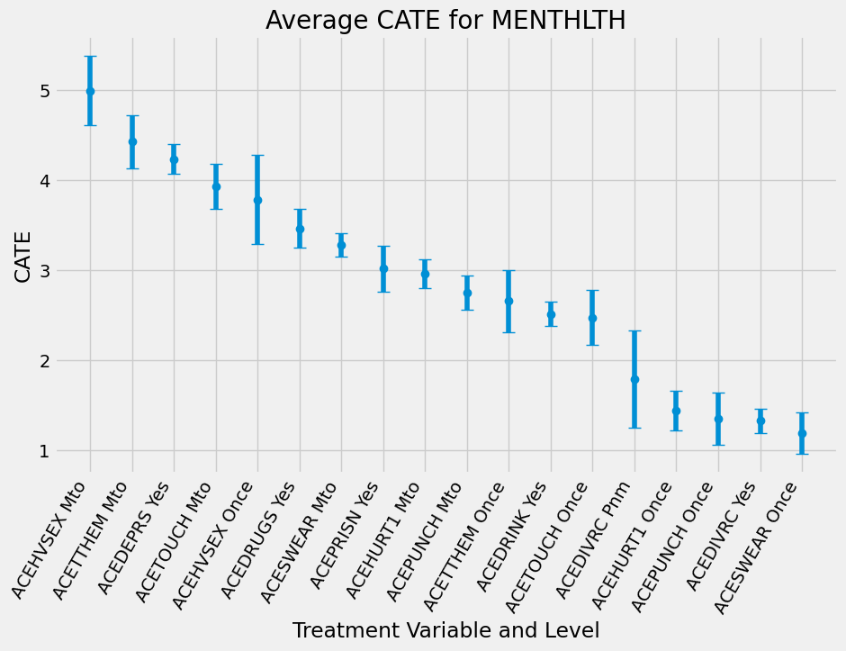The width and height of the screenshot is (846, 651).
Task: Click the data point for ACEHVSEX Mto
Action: click(90, 91)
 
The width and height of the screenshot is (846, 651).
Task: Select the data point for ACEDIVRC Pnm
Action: click(634, 379)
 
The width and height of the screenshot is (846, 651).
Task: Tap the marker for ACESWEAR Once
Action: click(802, 433)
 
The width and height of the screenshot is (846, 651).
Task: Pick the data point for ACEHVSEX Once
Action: click(257, 200)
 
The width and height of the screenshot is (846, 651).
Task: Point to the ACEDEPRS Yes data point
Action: click(174, 159)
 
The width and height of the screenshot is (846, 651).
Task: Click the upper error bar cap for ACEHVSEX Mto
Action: click(90, 57)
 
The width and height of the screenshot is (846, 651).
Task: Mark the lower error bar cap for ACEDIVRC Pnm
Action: click(634, 428)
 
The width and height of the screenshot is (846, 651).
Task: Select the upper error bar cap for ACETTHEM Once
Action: click(508, 270)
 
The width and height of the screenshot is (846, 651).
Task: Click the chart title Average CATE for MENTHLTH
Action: click(445, 20)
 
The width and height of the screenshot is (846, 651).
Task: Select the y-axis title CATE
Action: click(23, 257)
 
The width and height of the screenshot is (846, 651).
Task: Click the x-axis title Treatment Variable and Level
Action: click(445, 630)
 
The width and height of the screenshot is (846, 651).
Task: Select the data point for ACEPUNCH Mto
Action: click(467, 293)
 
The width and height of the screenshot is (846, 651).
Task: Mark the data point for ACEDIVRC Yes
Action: click(760, 420)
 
